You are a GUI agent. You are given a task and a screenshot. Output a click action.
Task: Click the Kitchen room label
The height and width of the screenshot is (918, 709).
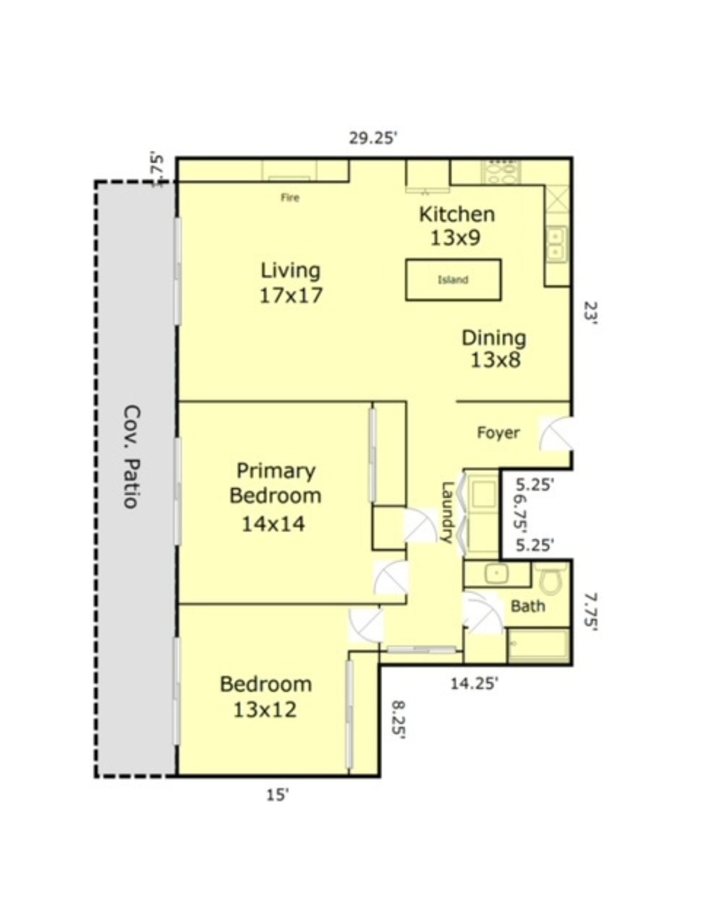[456, 215]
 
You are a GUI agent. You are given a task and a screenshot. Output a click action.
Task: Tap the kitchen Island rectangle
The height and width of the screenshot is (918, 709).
[452, 280]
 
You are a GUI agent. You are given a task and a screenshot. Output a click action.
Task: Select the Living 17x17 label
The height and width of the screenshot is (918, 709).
[290, 283]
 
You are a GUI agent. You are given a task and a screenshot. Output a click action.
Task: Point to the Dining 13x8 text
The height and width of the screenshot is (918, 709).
[494, 349]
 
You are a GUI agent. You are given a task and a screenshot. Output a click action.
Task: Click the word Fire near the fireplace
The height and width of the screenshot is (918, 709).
[290, 198]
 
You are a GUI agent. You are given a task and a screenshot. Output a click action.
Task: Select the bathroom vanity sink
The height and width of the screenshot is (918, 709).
[496, 574]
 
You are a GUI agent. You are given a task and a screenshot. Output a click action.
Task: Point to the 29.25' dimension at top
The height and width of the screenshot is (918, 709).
[372, 138]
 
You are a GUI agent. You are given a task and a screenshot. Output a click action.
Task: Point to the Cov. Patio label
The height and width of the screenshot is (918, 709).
[132, 456]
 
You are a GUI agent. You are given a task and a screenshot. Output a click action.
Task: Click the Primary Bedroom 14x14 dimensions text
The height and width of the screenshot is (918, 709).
[273, 524]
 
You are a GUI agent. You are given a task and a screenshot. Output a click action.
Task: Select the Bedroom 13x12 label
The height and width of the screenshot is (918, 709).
[266, 697]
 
